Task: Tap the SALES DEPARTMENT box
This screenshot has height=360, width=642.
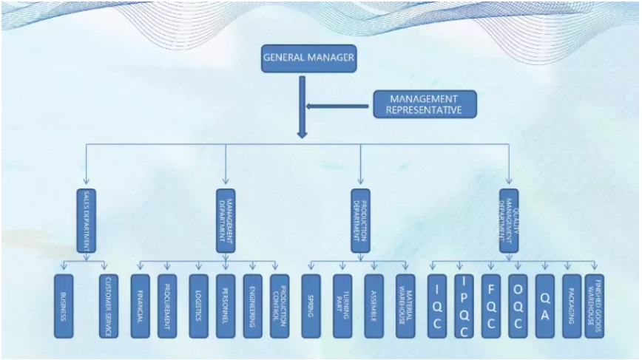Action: coord(86,220)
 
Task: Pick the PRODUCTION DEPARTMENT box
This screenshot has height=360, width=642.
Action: coord(360,220)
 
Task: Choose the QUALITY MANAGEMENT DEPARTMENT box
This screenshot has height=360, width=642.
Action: coord(509,220)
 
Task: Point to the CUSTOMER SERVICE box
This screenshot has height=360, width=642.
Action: coord(108,306)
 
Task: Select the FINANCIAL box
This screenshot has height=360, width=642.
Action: coord(140,306)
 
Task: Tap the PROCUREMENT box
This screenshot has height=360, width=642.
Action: coord(167,306)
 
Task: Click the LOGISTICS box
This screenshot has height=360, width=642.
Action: coord(198,306)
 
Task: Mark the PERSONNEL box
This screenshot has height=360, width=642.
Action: coord(226,306)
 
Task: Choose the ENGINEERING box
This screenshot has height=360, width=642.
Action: coord(253,306)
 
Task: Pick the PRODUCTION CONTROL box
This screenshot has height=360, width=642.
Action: coord(279,306)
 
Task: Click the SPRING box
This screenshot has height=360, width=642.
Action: coord(311,306)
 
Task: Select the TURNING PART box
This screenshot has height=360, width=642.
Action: coord(342,306)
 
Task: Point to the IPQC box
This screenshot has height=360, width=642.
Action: coord(464,306)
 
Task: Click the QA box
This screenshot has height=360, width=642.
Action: coord(544,306)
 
